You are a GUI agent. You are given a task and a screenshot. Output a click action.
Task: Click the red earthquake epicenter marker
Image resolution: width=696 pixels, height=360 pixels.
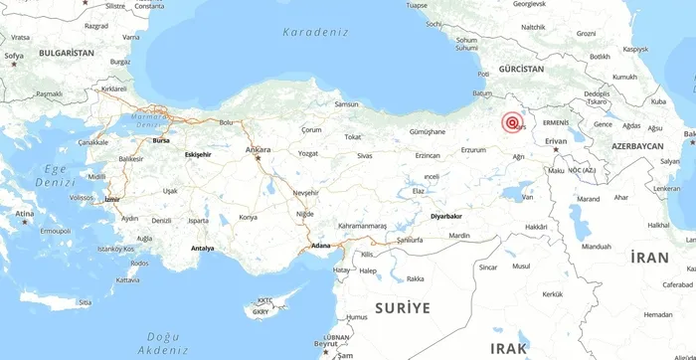coord(513,123)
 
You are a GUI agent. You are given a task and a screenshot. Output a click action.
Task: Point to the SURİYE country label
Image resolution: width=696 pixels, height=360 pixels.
coord(403,308)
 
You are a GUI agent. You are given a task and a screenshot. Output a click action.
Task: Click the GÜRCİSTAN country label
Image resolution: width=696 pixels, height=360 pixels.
coord(521,70)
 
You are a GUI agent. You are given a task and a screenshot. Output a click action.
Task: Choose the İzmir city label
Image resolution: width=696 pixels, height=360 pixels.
coord(111,199)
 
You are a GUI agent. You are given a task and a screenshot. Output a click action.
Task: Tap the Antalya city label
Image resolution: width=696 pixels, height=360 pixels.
coord(202,248)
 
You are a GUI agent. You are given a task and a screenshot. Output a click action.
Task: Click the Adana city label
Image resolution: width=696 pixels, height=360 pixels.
coord(320,245)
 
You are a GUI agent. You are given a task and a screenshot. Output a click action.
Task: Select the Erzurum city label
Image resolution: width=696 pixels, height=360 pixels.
coord(473,150)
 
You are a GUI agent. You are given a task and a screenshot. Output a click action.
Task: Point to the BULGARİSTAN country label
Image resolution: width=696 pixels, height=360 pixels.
coord(66,52)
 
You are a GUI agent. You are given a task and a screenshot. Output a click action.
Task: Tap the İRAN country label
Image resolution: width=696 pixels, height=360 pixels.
coord(649,258)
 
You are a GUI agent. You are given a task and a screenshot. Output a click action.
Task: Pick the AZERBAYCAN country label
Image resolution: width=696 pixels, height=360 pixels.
coord(637,145)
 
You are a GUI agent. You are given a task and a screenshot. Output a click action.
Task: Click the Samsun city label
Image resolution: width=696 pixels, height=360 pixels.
coord(346,104)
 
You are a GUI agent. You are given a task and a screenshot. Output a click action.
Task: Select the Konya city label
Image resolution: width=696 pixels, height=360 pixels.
coord(249,217)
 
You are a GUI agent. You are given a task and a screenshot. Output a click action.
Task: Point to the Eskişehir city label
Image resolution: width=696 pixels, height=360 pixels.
coord(199,155)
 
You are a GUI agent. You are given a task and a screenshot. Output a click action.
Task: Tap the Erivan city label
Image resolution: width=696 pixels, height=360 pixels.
coord(556,141)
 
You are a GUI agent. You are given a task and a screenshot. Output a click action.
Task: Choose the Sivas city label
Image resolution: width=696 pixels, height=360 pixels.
coord(365,156)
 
